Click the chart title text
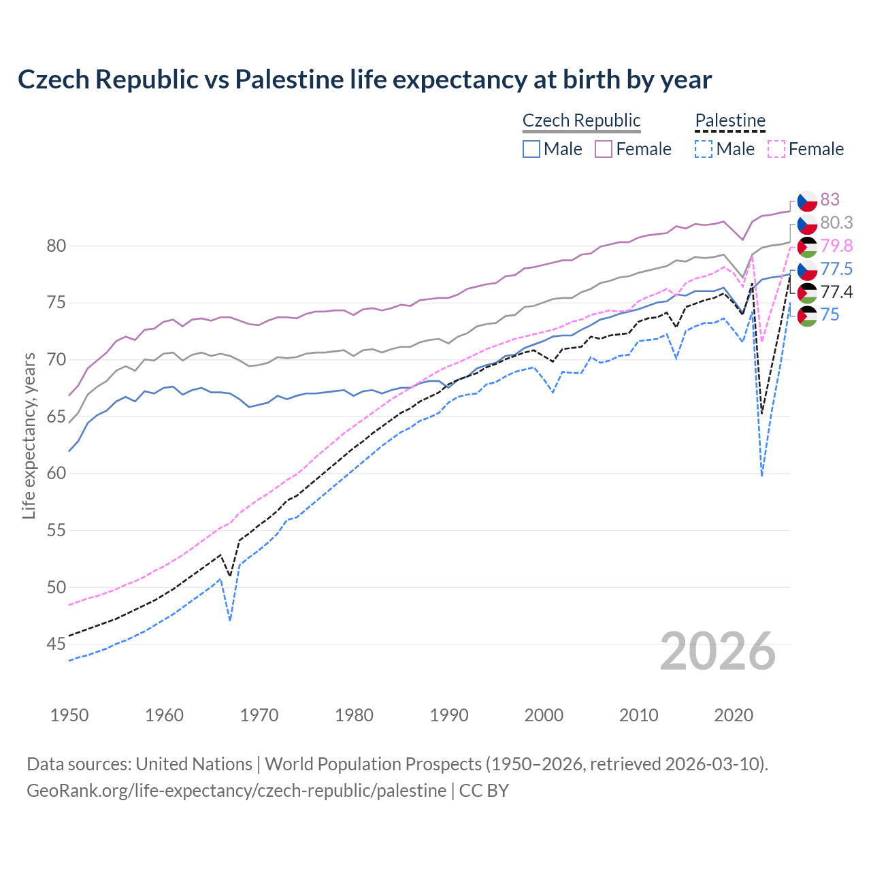pos(364,80)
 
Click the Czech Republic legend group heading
pos(581,120)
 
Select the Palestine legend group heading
pos(730,120)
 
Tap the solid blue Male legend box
pos(531,149)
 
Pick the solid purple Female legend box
pos(604,149)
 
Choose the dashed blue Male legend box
pos(704,149)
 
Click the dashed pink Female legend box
pos(776,149)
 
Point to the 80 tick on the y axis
pos(56,246)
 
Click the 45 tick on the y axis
pos(56,644)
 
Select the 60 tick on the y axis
pos(56,473)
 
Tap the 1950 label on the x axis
pos(69,715)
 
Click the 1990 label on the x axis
pos(449,715)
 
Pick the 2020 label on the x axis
pos(734,715)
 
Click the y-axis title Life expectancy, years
pos(29,435)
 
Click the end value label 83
pos(829,199)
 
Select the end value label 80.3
pos(836,223)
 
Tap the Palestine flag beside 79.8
pos(807,246)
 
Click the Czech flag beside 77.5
pos(807,269)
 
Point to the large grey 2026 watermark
pos(717,651)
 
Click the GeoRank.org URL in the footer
pos(236,791)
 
